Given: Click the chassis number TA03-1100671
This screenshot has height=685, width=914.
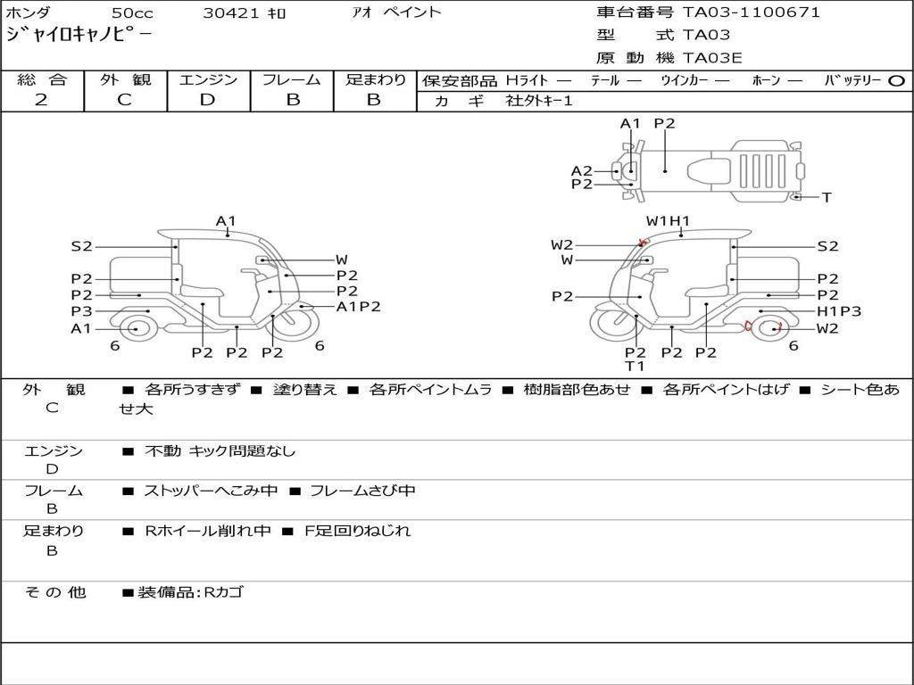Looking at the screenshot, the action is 752,12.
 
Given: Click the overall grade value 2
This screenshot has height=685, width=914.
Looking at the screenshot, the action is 41,100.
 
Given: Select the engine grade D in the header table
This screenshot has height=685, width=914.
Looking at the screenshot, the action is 207,100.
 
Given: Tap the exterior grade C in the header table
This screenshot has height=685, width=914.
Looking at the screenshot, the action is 125,100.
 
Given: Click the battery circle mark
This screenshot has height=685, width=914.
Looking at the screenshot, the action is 896,81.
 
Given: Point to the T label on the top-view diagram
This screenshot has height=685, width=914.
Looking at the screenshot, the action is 827,197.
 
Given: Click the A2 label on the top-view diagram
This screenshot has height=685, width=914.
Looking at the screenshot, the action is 581,171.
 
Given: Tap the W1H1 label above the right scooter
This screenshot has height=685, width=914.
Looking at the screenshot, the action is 668,221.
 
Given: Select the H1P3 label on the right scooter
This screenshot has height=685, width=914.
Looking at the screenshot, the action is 839,311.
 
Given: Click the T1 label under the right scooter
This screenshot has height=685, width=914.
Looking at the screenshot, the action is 635,367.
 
